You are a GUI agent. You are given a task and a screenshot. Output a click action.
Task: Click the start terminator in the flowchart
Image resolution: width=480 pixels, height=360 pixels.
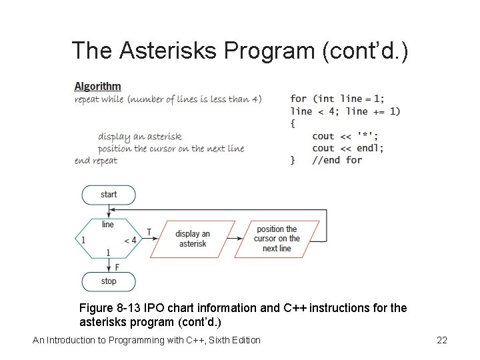tap(109, 195)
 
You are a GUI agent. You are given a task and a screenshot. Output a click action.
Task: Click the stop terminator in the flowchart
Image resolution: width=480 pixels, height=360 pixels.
tap(109, 281)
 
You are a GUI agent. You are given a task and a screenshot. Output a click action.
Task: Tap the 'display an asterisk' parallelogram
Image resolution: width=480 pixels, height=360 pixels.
tap(193, 239)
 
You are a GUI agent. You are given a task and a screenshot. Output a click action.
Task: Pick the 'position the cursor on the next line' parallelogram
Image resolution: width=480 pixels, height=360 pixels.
tap(277, 239)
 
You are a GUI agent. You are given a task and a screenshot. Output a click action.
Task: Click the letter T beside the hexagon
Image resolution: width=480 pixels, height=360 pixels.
tap(149, 232)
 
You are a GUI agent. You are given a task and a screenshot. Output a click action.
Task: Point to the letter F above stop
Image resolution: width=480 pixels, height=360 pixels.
tap(117, 267)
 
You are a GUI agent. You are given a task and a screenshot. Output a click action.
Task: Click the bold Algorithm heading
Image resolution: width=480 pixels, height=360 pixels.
tap(97, 86)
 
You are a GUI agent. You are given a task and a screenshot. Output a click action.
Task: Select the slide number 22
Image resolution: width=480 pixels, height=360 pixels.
tap(441, 341)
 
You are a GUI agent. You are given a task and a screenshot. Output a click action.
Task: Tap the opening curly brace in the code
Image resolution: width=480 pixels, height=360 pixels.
tap(293, 123)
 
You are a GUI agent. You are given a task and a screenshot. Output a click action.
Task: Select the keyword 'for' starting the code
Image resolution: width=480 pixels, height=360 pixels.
tap(299, 99)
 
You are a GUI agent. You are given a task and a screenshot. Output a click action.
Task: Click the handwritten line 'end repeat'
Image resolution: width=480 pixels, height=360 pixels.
tap(96, 160)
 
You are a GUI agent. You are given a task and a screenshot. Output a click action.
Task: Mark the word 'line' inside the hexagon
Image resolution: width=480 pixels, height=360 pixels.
tap(108, 225)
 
